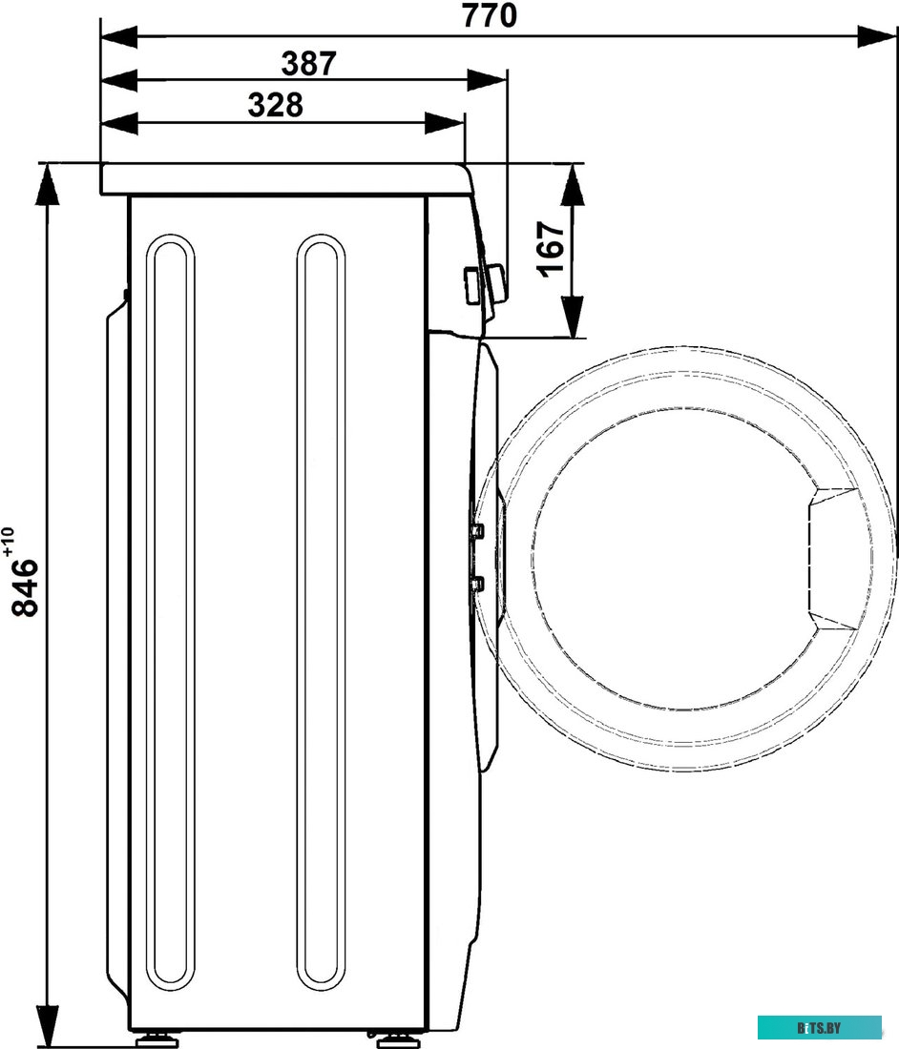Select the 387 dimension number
click(x=308, y=64)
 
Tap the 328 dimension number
click(x=275, y=105)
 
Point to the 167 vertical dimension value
click(x=552, y=249)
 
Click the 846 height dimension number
click(x=26, y=586)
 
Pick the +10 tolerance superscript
click(x=8, y=542)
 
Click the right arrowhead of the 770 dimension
click(x=876, y=37)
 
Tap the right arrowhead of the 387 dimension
click(x=488, y=80)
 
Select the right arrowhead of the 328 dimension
click(x=445, y=123)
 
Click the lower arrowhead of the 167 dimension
click(x=573, y=317)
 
